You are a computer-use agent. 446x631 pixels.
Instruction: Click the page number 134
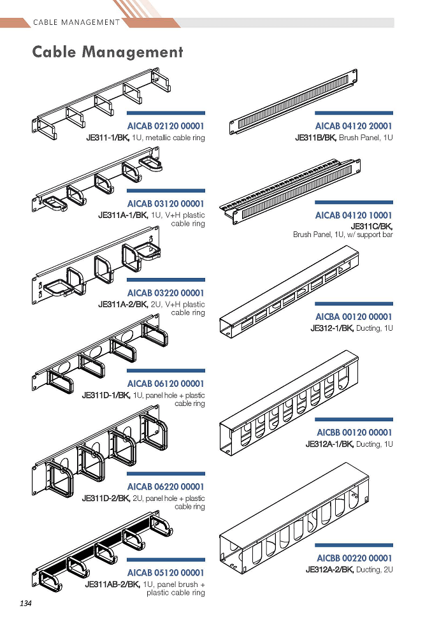coord(25,603)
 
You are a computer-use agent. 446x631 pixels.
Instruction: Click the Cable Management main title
coord(108,52)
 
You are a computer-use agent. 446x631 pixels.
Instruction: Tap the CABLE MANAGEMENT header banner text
coord(76,22)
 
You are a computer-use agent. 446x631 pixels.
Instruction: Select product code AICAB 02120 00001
coord(166,126)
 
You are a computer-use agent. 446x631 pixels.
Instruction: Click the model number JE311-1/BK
coord(108,138)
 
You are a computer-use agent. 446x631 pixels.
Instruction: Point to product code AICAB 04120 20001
coord(354,126)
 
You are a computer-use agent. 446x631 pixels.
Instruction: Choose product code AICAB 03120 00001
coord(166,203)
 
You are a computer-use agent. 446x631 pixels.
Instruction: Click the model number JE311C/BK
coord(371,226)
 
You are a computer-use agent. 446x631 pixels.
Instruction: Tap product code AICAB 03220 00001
coord(166,293)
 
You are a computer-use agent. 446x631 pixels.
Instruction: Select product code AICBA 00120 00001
coord(354,317)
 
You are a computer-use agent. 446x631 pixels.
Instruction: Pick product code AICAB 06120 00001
coord(166,384)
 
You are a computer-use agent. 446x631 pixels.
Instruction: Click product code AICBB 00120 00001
coord(354,433)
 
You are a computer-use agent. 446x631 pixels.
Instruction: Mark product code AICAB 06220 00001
coord(166,486)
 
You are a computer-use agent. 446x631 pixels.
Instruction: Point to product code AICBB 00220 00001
coord(354,558)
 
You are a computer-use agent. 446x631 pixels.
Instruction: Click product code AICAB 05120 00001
coord(166,572)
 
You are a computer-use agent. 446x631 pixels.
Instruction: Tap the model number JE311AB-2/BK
coord(113,584)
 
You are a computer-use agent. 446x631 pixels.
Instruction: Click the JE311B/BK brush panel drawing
coord(293,102)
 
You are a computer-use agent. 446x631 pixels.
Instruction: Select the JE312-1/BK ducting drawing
coord(289,292)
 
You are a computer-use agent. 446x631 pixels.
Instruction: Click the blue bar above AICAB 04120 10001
coord(354,203)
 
